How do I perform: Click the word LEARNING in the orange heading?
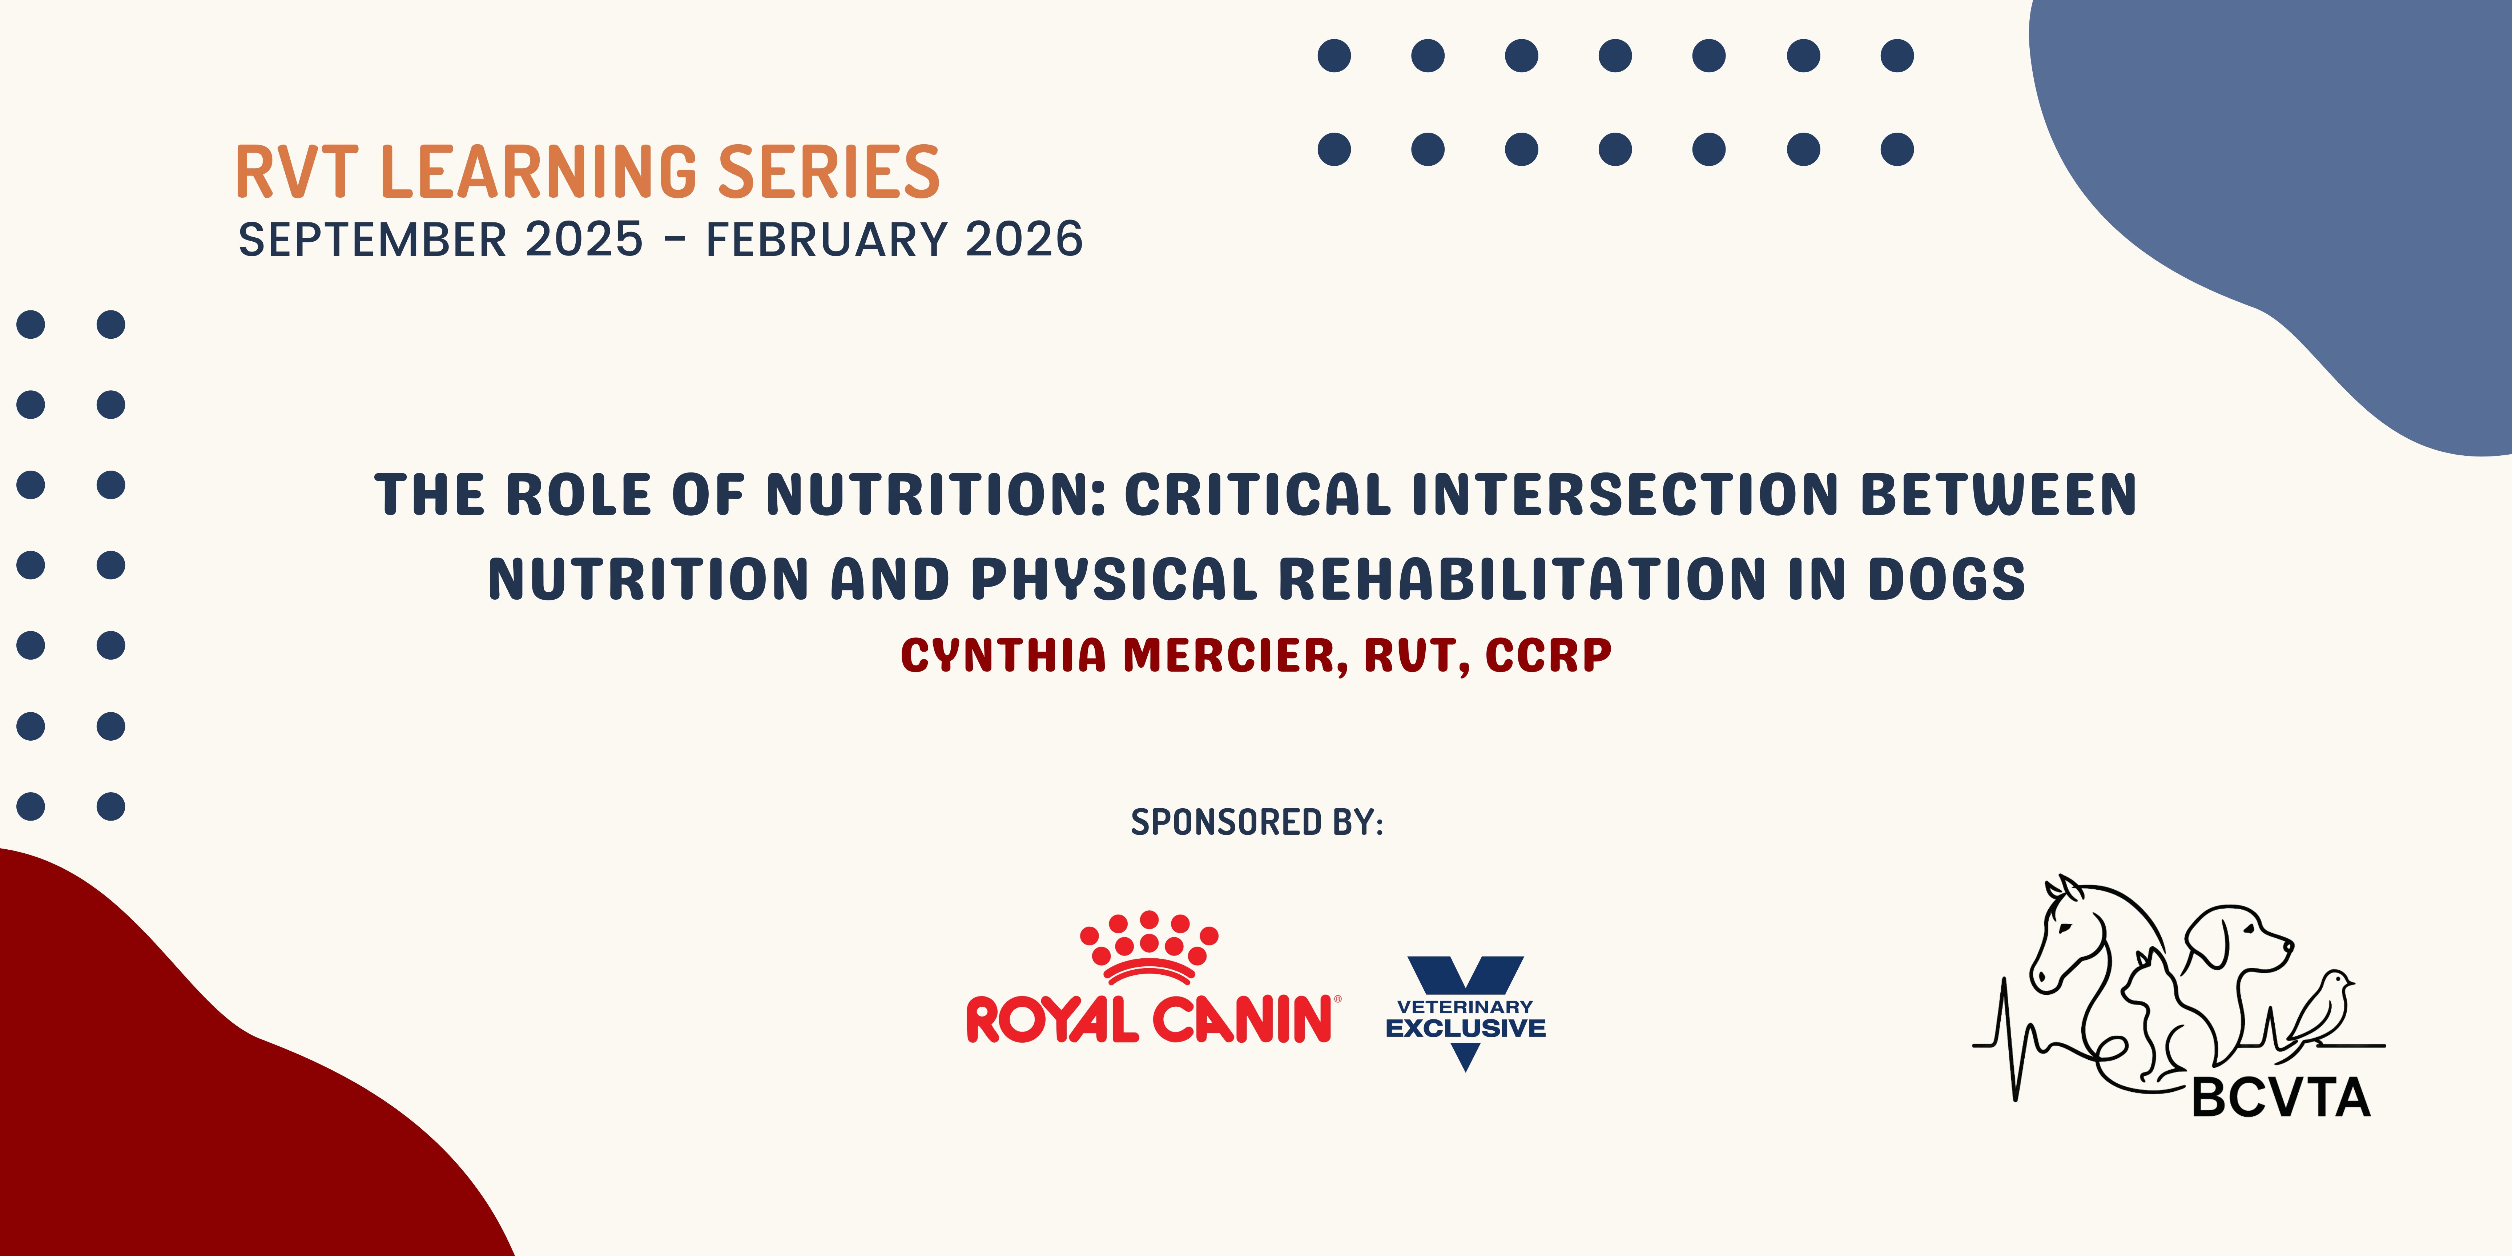click(538, 173)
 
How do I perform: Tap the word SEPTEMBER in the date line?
click(373, 240)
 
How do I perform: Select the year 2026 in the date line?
click(1024, 240)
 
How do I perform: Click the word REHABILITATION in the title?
click(1521, 579)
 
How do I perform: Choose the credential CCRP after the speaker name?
click(1549, 655)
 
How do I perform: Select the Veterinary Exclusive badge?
click(1465, 1014)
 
